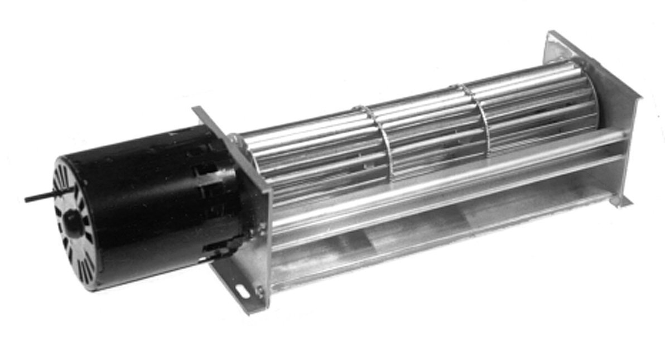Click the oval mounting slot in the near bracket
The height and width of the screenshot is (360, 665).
pos(244,290)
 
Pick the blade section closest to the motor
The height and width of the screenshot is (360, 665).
pos(312,162)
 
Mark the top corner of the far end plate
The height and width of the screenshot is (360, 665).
pos(552,35)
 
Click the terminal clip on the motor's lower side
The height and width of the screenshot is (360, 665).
pos(220,246)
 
